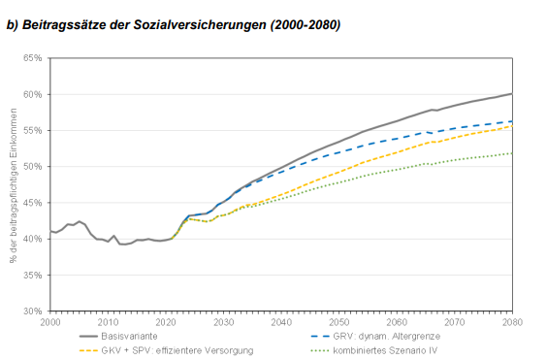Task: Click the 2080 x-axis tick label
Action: pos(512,321)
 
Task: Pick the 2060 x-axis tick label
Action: pos(397,321)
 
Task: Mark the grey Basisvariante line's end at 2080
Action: pos(512,94)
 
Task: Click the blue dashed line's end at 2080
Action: pos(512,121)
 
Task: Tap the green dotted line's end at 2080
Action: pos(512,152)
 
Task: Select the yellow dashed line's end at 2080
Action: pos(512,126)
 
